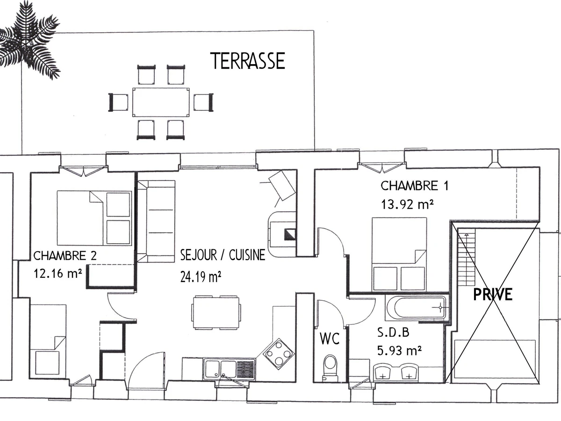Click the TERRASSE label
pos(248,61)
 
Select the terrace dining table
pos(161,102)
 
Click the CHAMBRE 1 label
pos(415,186)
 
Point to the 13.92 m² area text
pos(407,204)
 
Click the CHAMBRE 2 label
pos(65,255)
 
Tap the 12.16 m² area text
pos(58,273)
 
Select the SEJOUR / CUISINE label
pos(223,255)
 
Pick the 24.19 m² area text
pos(201,276)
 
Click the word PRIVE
pos(493,294)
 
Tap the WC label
pos(330,338)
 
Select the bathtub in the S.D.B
pos(417,307)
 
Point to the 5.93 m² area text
pos(399,350)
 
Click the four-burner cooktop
pos(279,354)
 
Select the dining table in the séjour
pos(216,312)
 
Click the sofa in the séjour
pos(156,221)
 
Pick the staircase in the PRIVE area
pos(466,257)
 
